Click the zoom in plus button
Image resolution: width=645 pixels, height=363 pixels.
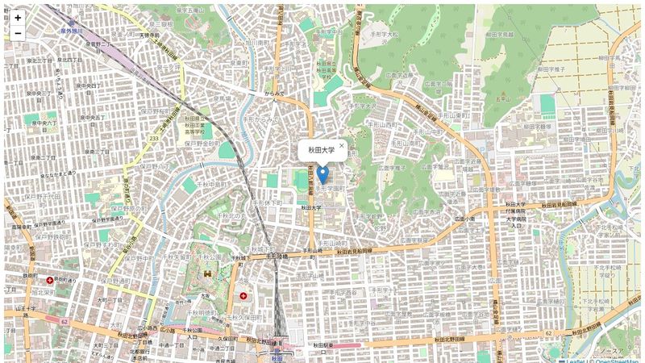[x=18, y=17]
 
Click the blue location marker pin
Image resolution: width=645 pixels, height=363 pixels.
[x=322, y=175]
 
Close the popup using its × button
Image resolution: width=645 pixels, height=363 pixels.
[x=342, y=146]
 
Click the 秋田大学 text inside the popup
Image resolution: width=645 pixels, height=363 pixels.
[x=321, y=150]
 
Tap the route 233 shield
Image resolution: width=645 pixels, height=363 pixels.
[x=153, y=138]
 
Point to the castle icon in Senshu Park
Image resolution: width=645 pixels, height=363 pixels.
[x=208, y=274]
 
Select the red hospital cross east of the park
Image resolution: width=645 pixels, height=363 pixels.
[x=243, y=296]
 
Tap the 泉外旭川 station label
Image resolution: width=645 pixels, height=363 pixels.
[x=71, y=31]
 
